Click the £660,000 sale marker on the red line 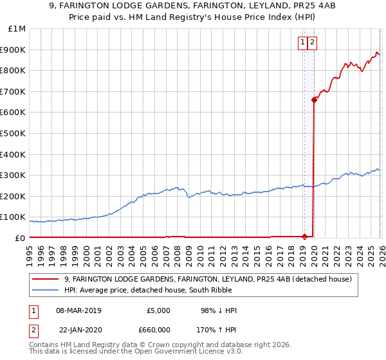click(314, 100)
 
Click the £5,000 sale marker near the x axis click(304, 237)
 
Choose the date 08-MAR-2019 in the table click(78, 310)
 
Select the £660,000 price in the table click(151, 329)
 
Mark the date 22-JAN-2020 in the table click(78, 329)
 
